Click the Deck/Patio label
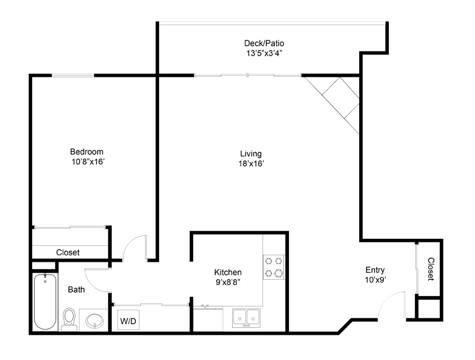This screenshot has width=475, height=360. click(x=264, y=43)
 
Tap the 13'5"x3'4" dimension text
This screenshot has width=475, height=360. click(x=264, y=53)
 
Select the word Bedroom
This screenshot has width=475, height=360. click(x=87, y=152)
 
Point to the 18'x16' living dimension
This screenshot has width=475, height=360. click(x=251, y=164)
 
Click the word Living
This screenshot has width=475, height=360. click(x=251, y=154)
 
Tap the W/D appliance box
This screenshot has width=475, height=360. click(x=128, y=320)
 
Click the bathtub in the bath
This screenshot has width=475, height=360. click(x=45, y=301)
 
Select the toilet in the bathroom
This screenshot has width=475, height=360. click(x=70, y=320)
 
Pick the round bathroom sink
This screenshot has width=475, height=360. click(x=95, y=321)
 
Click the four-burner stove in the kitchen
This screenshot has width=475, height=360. click(x=274, y=267)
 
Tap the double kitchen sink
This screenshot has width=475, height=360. click(x=246, y=318)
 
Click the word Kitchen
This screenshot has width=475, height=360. click(x=228, y=272)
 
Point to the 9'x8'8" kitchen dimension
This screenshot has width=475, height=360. click(x=228, y=282)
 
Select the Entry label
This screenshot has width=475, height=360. click(x=375, y=270)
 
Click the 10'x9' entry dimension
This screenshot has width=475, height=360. click(x=376, y=280)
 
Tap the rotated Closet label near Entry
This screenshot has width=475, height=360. click(x=431, y=269)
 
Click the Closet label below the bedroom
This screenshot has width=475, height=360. click(x=68, y=252)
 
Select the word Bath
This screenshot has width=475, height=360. click(x=76, y=290)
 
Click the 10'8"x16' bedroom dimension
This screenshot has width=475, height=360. click(x=88, y=162)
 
